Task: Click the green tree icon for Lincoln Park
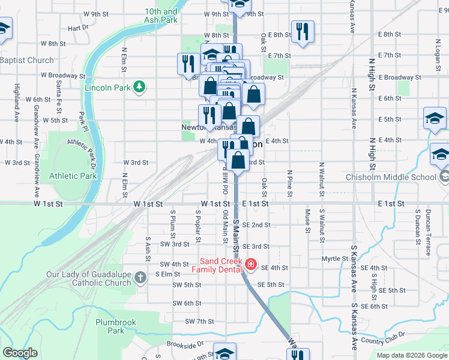pyautogui.click(x=140, y=88)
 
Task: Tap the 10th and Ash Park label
pyautogui.click(x=161, y=16)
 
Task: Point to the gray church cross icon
pyautogui.click(x=140, y=277)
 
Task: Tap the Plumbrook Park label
pyautogui.click(x=116, y=326)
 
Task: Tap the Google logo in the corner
pyautogui.click(x=20, y=353)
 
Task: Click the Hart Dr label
pyautogui.click(x=78, y=28)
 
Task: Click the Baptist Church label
pyautogui.click(x=27, y=61)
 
